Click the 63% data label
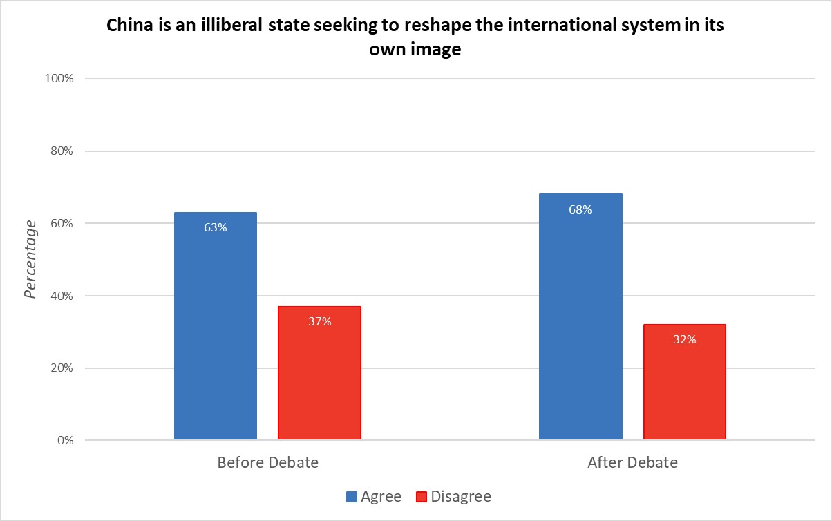pos(216,227)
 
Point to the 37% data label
pos(319,321)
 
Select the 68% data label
pos(580,209)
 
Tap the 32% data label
pos(684,339)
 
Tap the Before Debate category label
pos(267,463)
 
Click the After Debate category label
pos(632,463)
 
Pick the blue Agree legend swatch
pos(350,497)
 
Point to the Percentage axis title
pos(30,259)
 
